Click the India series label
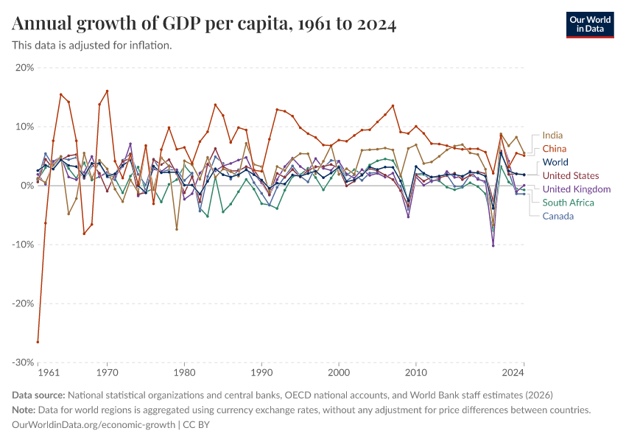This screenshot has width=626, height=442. tap(553, 136)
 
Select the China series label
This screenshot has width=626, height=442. tap(555, 149)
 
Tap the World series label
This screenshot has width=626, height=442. tap(555, 162)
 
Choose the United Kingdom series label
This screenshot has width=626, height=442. tap(577, 189)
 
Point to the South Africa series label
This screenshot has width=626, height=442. tap(569, 203)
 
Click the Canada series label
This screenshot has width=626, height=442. tap(558, 216)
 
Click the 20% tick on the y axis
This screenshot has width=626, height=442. tap(24, 68)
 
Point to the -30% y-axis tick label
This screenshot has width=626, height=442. tap(23, 362)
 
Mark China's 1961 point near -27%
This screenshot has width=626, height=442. tap(38, 342)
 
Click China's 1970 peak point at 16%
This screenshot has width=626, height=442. tap(108, 91)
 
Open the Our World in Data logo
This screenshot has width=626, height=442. tap(590, 24)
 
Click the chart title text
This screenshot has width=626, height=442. tap(205, 25)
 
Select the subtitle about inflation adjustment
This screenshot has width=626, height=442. tap(92, 46)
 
